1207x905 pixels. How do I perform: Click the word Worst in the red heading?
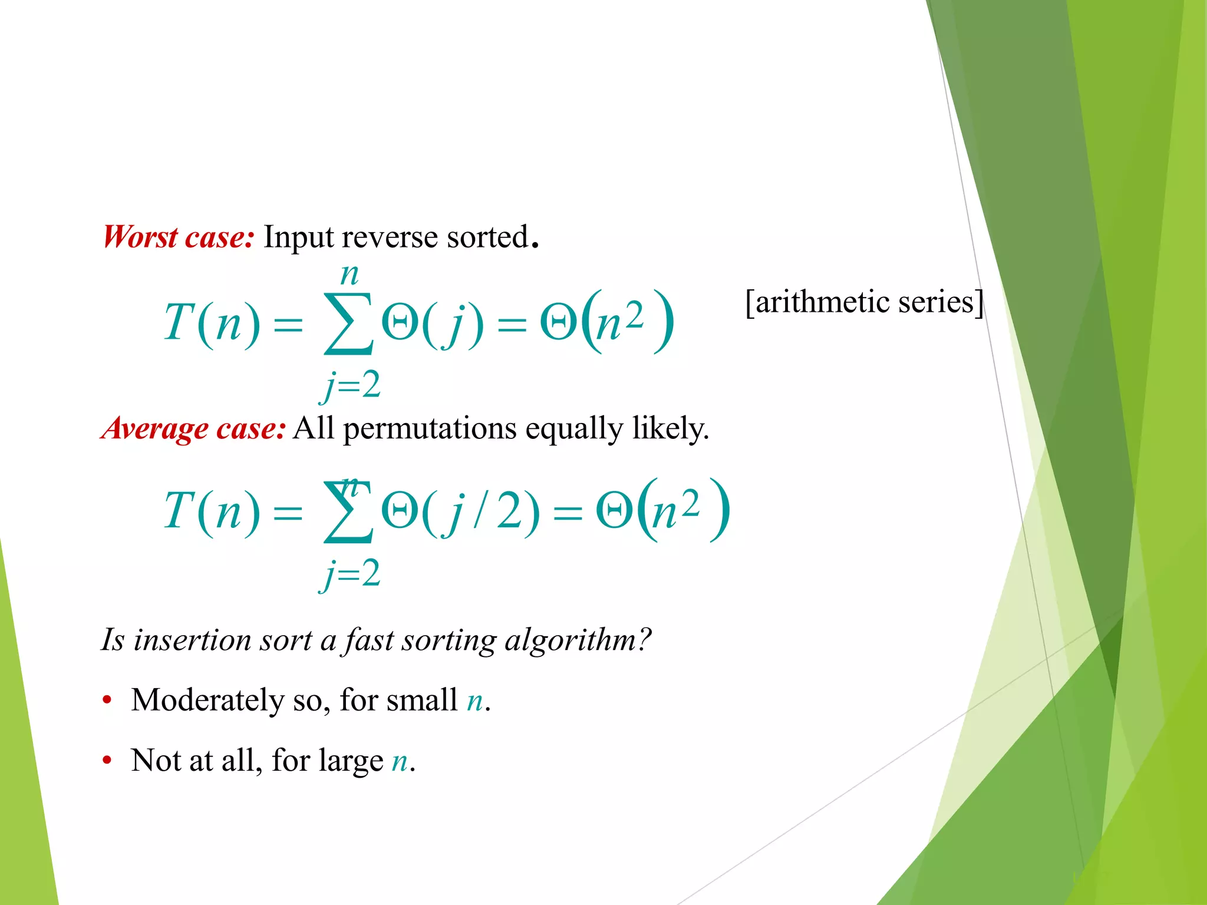click(x=140, y=237)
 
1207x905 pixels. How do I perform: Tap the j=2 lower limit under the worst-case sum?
click(x=350, y=387)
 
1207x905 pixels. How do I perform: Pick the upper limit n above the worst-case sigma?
click(x=349, y=275)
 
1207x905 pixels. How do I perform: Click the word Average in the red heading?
click(x=154, y=429)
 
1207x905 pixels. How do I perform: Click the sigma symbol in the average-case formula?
click(x=348, y=511)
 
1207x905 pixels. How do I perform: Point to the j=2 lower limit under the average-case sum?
click(x=350, y=574)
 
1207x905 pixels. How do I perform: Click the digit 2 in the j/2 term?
click(x=510, y=511)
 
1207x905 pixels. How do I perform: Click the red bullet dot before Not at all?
click(x=107, y=761)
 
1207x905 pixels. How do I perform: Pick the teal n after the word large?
click(x=400, y=761)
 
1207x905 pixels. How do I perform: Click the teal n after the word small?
click(x=475, y=701)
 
